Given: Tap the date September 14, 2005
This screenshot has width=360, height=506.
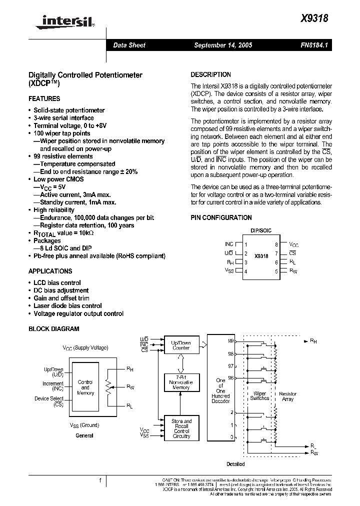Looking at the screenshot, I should pyautogui.click(x=223, y=45).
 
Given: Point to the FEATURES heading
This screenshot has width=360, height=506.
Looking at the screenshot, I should pyautogui.click(x=44, y=99).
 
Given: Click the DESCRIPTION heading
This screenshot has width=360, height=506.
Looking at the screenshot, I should pyautogui.click(x=211, y=74).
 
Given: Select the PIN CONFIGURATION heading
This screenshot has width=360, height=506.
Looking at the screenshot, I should pyautogui.click(x=221, y=217).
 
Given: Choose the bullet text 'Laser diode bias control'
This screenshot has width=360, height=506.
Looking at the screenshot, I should pyautogui.click(x=67, y=306).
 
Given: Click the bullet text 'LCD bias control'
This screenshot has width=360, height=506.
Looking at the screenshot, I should pyautogui.click(x=57, y=282).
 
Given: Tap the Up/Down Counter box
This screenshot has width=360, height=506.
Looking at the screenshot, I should pyautogui.click(x=181, y=345).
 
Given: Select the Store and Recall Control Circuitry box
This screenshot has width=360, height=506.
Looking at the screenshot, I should pyautogui.click(x=181, y=428).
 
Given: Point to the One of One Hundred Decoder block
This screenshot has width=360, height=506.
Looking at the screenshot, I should pyautogui.click(x=220, y=390).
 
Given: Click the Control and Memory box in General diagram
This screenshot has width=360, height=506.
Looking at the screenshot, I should pyautogui.click(x=85, y=387).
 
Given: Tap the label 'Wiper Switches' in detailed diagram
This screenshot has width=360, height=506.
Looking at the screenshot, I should pyautogui.click(x=259, y=396).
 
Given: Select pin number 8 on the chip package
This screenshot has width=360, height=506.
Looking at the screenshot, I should pyautogui.click(x=276, y=244).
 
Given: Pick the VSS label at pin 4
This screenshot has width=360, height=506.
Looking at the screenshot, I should pyautogui.click(x=229, y=270).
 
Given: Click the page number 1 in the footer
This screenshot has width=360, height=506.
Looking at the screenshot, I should pyautogui.click(x=100, y=480).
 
